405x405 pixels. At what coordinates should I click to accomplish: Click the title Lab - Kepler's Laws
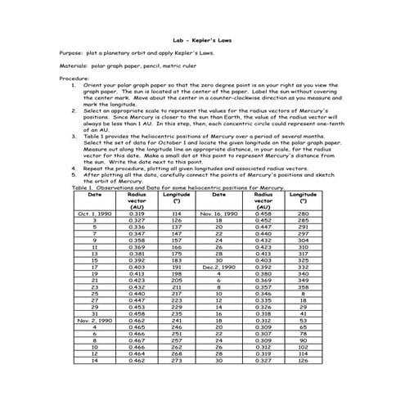tap(202, 38)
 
